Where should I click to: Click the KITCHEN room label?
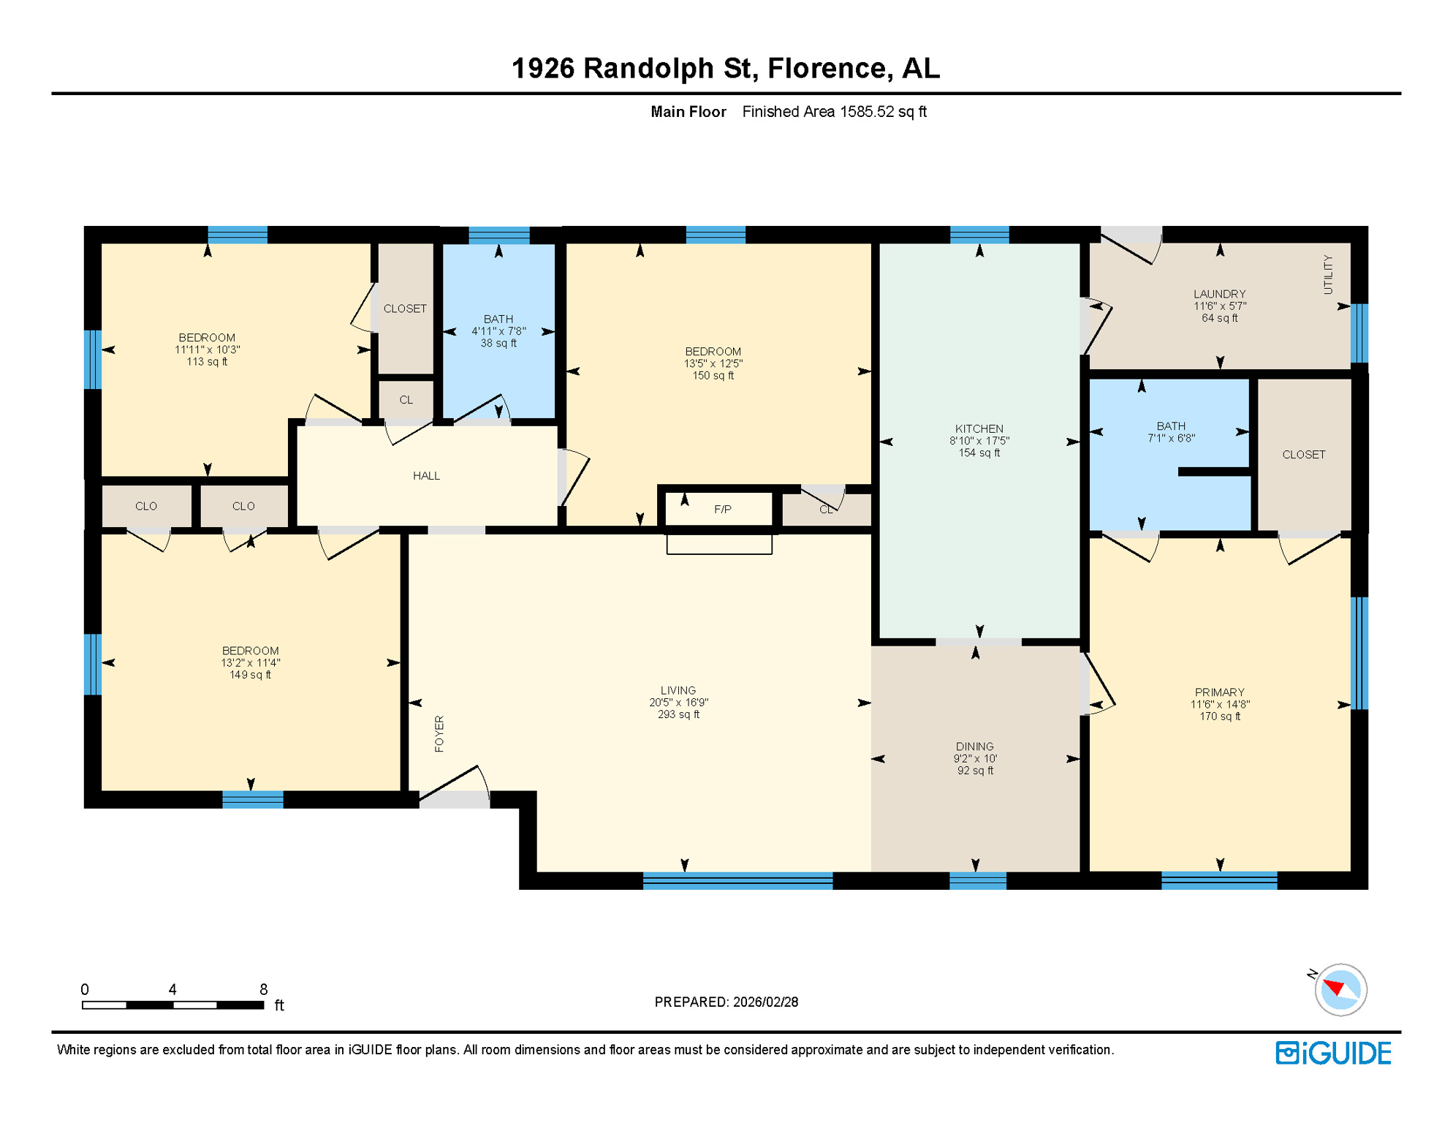pyautogui.click(x=979, y=428)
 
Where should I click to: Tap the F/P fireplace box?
pyautogui.click(x=721, y=509)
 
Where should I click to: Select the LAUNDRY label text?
pyautogui.click(x=1219, y=294)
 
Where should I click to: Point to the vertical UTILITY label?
pyautogui.click(x=1328, y=275)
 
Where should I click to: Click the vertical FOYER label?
pyautogui.click(x=439, y=733)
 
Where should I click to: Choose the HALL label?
pyautogui.click(x=426, y=476)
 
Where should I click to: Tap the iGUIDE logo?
pyautogui.click(x=1333, y=1053)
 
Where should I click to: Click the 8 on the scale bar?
pyautogui.click(x=263, y=989)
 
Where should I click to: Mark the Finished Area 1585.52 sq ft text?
pyautogui.click(x=834, y=112)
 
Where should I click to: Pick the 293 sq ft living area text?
pyautogui.click(x=678, y=714)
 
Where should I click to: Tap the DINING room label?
pyautogui.click(x=974, y=746)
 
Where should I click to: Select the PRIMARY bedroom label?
pyautogui.click(x=1219, y=692)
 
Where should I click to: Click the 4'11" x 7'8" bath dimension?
pyautogui.click(x=498, y=331)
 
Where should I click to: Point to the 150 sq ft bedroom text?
pyautogui.click(x=713, y=375)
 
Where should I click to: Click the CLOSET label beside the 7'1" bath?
pyautogui.click(x=1303, y=455)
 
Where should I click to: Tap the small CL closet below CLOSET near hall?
pyautogui.click(x=406, y=400)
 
